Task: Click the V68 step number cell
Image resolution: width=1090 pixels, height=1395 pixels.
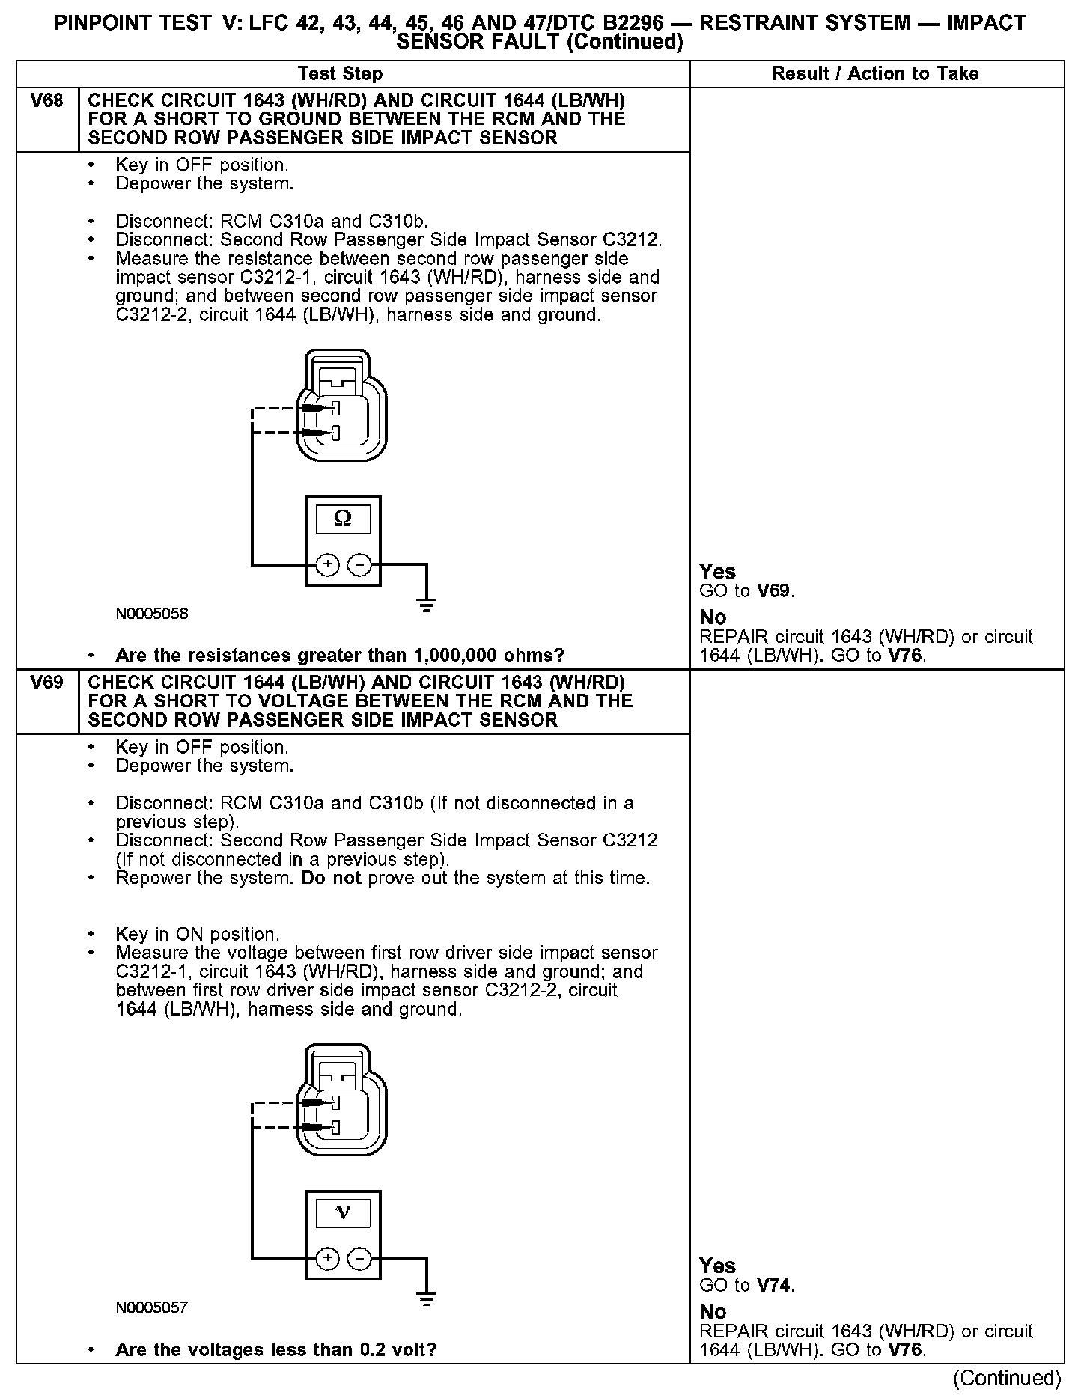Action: click(46, 101)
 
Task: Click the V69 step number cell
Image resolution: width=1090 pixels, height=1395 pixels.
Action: click(46, 683)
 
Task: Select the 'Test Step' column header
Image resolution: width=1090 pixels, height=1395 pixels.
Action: click(340, 73)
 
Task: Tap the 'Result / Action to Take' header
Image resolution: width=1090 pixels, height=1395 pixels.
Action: click(875, 73)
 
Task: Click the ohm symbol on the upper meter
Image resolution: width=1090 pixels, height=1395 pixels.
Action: click(343, 518)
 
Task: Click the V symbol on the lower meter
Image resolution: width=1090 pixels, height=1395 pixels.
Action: click(343, 1212)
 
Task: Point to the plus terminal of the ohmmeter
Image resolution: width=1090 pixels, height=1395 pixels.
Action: click(327, 564)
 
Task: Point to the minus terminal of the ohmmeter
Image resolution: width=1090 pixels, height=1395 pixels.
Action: click(360, 564)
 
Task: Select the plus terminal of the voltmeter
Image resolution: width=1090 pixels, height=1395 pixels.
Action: click(327, 1259)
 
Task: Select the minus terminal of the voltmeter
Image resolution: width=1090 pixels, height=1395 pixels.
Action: click(360, 1259)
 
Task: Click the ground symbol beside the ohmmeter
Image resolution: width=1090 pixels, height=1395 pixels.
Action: click(427, 605)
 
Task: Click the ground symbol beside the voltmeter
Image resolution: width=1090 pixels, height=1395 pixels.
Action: click(427, 1299)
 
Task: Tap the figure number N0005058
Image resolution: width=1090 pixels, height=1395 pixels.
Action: click(152, 614)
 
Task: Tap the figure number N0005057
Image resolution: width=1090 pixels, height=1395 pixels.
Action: click(152, 1308)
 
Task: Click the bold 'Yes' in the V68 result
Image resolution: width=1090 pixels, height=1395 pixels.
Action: click(717, 572)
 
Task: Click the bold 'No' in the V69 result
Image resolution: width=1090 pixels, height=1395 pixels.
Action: click(713, 1312)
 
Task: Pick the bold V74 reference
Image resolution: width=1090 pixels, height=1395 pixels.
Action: click(773, 1286)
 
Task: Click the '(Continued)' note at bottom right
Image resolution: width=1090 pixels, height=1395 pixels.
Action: click(1007, 1378)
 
